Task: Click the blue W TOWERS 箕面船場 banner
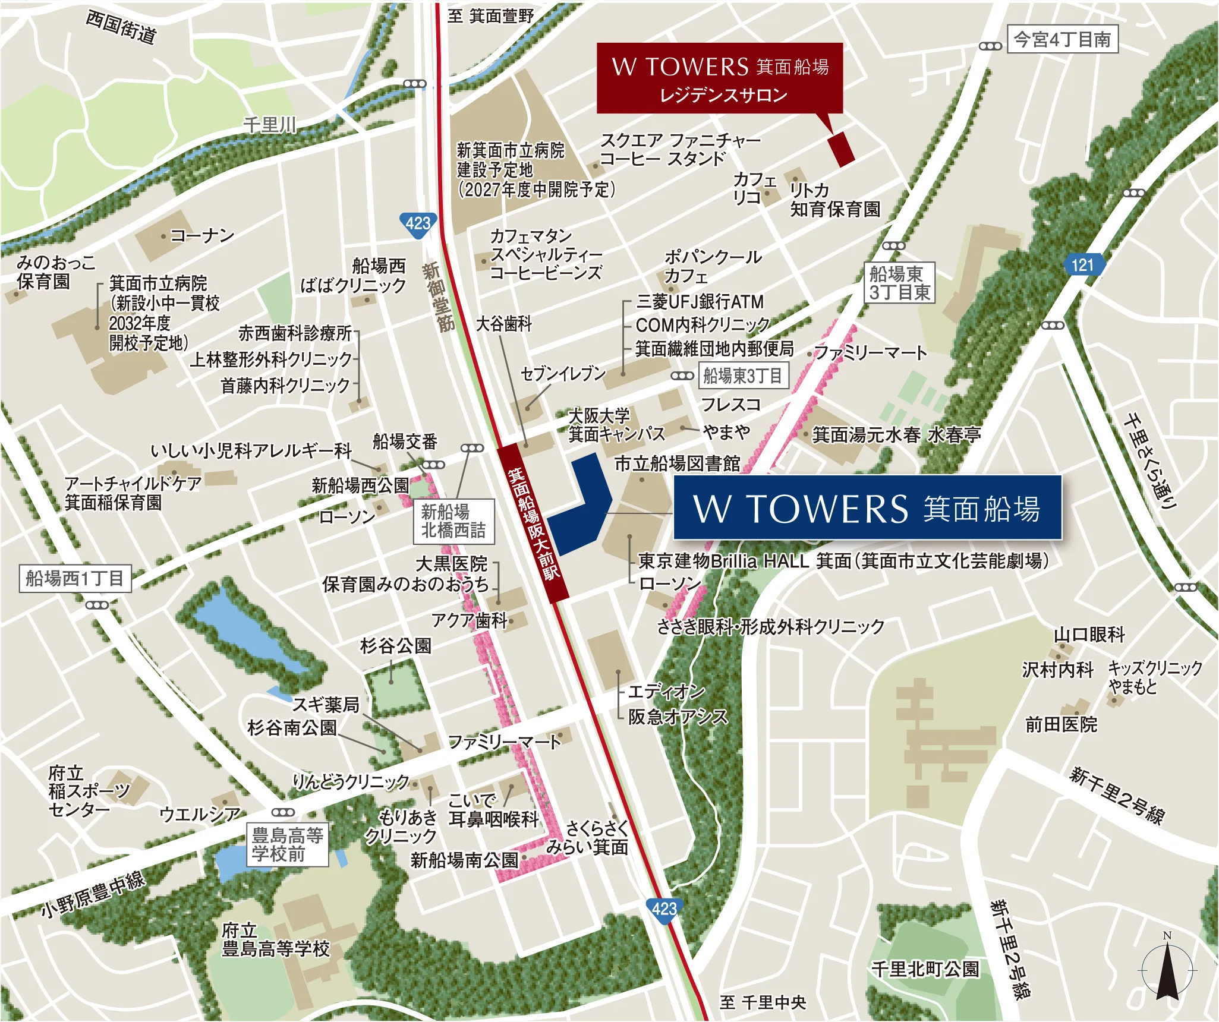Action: [x=867, y=508]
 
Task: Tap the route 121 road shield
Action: [x=1082, y=264]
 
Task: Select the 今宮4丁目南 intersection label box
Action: [x=1062, y=40]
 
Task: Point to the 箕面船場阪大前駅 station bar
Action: [x=533, y=523]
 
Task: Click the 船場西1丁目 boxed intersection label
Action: [x=74, y=578]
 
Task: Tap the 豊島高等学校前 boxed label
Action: [x=287, y=844]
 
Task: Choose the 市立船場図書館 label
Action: [x=677, y=463]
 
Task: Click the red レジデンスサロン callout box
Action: [x=720, y=78]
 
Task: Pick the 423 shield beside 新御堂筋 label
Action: [x=417, y=224]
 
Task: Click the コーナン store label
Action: [x=202, y=236]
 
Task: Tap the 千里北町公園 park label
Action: [x=925, y=969]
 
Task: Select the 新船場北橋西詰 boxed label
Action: [x=453, y=521]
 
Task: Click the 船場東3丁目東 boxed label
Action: [x=899, y=283]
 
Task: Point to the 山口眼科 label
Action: [x=1089, y=635]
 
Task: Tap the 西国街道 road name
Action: [x=121, y=27]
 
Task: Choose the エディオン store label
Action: [x=666, y=692]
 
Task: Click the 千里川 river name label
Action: [x=269, y=125]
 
